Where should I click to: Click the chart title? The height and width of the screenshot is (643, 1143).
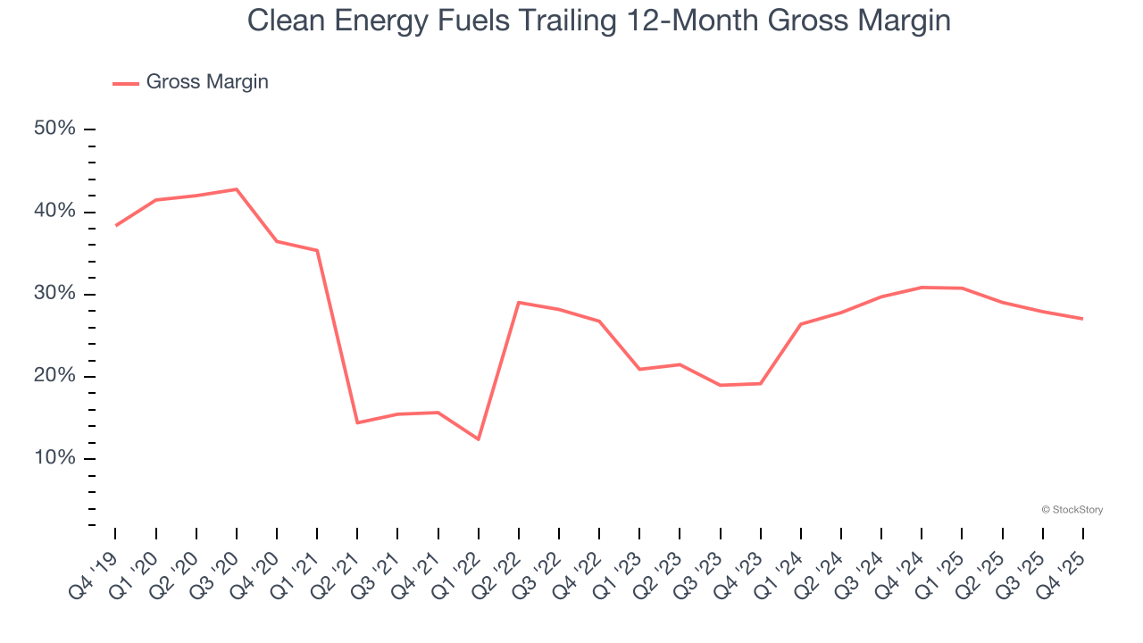point(598,21)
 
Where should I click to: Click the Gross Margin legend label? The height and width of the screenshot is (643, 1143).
point(206,82)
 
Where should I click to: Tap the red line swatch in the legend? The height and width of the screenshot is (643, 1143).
point(125,83)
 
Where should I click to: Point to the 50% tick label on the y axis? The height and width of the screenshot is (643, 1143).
point(54,129)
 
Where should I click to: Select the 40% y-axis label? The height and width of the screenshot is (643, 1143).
point(54,212)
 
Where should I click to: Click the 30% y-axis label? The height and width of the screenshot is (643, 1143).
point(54,294)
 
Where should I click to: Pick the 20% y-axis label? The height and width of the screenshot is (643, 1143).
point(54,376)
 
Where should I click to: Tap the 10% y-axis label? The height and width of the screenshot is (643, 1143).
point(54,458)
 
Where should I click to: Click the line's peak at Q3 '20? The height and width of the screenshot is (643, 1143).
point(237,189)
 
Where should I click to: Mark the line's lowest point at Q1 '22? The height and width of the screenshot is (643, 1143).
point(479,439)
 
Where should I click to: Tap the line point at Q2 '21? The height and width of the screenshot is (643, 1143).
point(357,422)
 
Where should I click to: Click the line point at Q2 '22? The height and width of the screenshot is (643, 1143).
point(519,302)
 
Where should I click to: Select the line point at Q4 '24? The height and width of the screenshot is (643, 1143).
point(922,288)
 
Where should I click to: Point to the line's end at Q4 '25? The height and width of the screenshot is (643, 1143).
point(1082,319)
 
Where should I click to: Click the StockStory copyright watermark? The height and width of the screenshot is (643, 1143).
point(1072,510)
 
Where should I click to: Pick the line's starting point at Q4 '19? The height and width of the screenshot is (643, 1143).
point(116,226)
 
